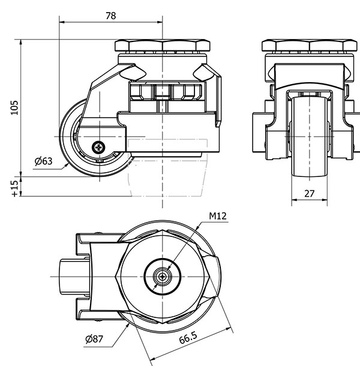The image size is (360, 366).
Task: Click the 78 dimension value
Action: point(110,16)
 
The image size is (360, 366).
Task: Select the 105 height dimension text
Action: point(14,107)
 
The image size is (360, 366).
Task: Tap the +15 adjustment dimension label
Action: point(14,188)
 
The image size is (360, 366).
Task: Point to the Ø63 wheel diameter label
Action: point(43,161)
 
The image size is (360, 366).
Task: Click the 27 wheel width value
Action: point(310,194)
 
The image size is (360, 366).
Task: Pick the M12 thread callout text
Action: point(218,216)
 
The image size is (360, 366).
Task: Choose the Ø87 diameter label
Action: point(94,339)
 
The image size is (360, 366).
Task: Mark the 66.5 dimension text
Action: point(188,338)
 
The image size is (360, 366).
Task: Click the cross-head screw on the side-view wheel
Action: point(98,147)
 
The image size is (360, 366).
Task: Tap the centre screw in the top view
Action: point(162,277)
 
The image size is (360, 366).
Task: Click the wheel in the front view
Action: point(310,138)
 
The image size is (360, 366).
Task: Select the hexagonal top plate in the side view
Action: point(163,46)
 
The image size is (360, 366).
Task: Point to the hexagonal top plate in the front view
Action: point(310,46)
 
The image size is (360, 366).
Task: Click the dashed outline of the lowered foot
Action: point(167,168)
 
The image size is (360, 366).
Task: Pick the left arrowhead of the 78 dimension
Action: point(62,22)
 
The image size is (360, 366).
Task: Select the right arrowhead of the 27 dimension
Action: point(325,200)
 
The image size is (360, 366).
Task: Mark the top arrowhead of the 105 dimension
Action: point(21,42)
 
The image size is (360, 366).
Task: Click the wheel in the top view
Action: point(74,277)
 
